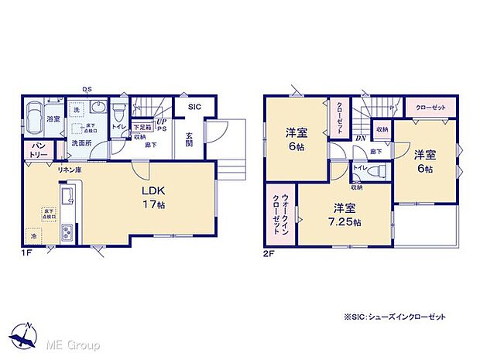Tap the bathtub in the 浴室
pos(35,121)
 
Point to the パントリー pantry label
pos(36,150)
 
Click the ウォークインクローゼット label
pos(276,209)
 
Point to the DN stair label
pos(361,139)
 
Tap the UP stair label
pos(161,122)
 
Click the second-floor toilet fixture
pos(375,171)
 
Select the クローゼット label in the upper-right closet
pos(430,108)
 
